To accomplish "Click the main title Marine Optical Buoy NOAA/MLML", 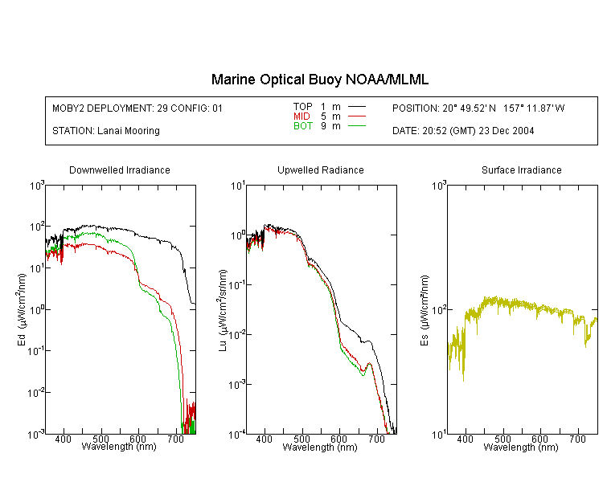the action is point(319,80).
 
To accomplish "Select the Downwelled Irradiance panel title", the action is point(120,170).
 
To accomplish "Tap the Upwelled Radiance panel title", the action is point(321,170).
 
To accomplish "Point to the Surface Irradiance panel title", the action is point(522,170).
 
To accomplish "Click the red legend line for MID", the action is point(357,116).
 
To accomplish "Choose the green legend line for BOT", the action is point(357,125).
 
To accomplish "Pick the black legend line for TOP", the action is point(357,107).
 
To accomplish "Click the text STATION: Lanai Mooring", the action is point(106,131).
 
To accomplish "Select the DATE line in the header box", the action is point(463,131).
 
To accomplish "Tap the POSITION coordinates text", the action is point(478,108).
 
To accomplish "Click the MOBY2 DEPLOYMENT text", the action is point(137,108).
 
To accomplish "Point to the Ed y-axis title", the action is point(22,309).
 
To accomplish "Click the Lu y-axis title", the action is point(223,310).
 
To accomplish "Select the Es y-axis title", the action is point(424,310).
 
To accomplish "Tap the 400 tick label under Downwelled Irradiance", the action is point(63,439).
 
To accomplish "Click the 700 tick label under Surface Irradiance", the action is point(577,439).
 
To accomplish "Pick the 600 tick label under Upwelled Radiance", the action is point(338,439).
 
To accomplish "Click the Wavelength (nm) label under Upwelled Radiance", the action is point(320,447).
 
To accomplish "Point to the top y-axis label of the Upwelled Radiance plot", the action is point(238,186).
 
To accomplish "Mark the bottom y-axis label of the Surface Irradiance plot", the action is point(439,435).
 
